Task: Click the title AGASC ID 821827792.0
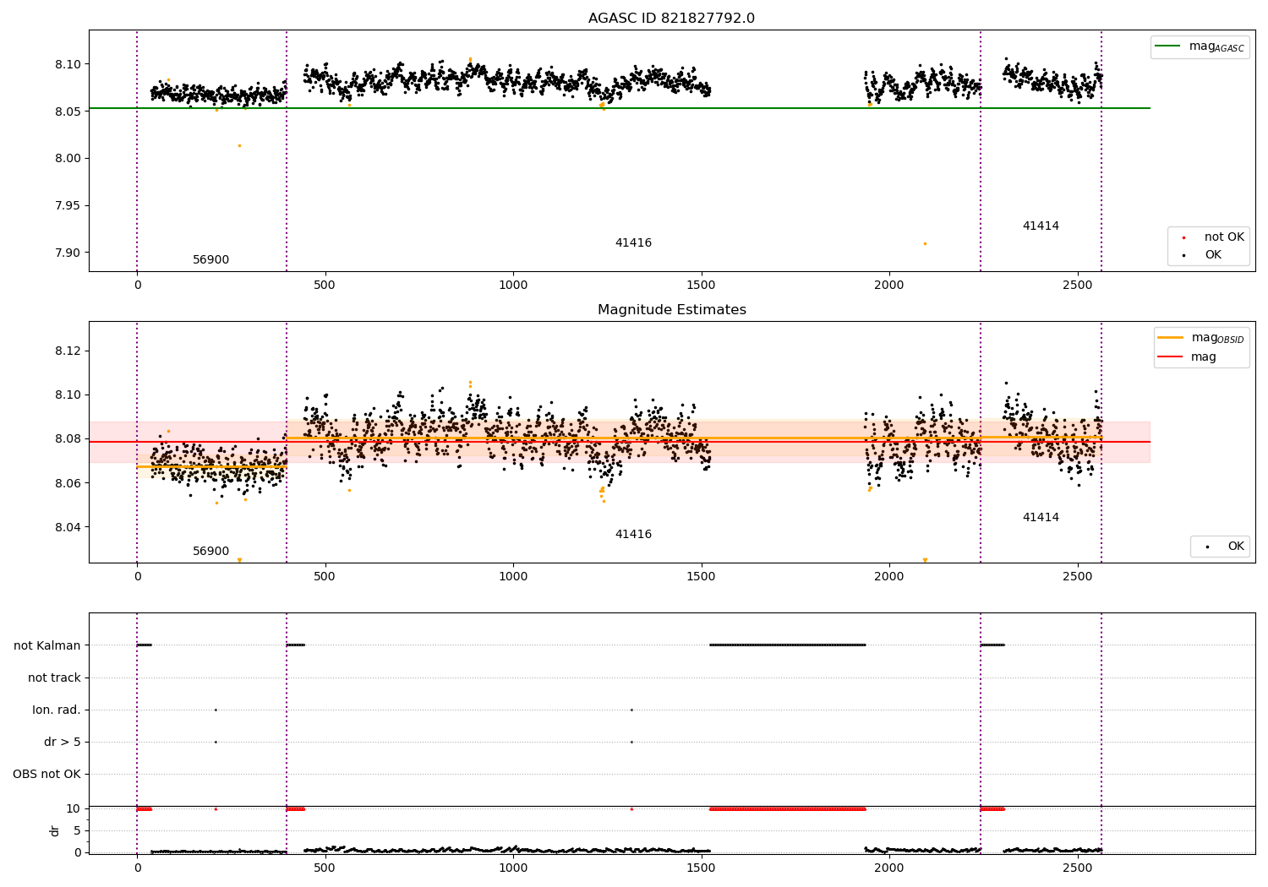[x=671, y=18]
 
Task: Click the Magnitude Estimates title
[x=672, y=309]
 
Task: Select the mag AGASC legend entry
[x=1200, y=46]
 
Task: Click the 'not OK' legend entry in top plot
[x=1213, y=237]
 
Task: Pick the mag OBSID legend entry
[x=1200, y=338]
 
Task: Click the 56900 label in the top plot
[x=210, y=259]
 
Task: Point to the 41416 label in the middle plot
[x=633, y=534]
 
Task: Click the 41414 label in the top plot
[x=1041, y=226]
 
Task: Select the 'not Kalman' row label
[x=47, y=645]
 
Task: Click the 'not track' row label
[x=54, y=677]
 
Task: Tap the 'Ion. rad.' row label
[x=56, y=710]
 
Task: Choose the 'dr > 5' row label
[x=63, y=742]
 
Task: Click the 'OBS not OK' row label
[x=47, y=774]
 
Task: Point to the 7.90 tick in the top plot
[x=68, y=253]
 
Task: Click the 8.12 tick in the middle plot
[x=68, y=351]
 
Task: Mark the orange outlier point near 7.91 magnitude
[x=925, y=244]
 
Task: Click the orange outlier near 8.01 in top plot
[x=239, y=146]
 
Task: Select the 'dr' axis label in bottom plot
[x=54, y=831]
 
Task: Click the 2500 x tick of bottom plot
[x=1077, y=868]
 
